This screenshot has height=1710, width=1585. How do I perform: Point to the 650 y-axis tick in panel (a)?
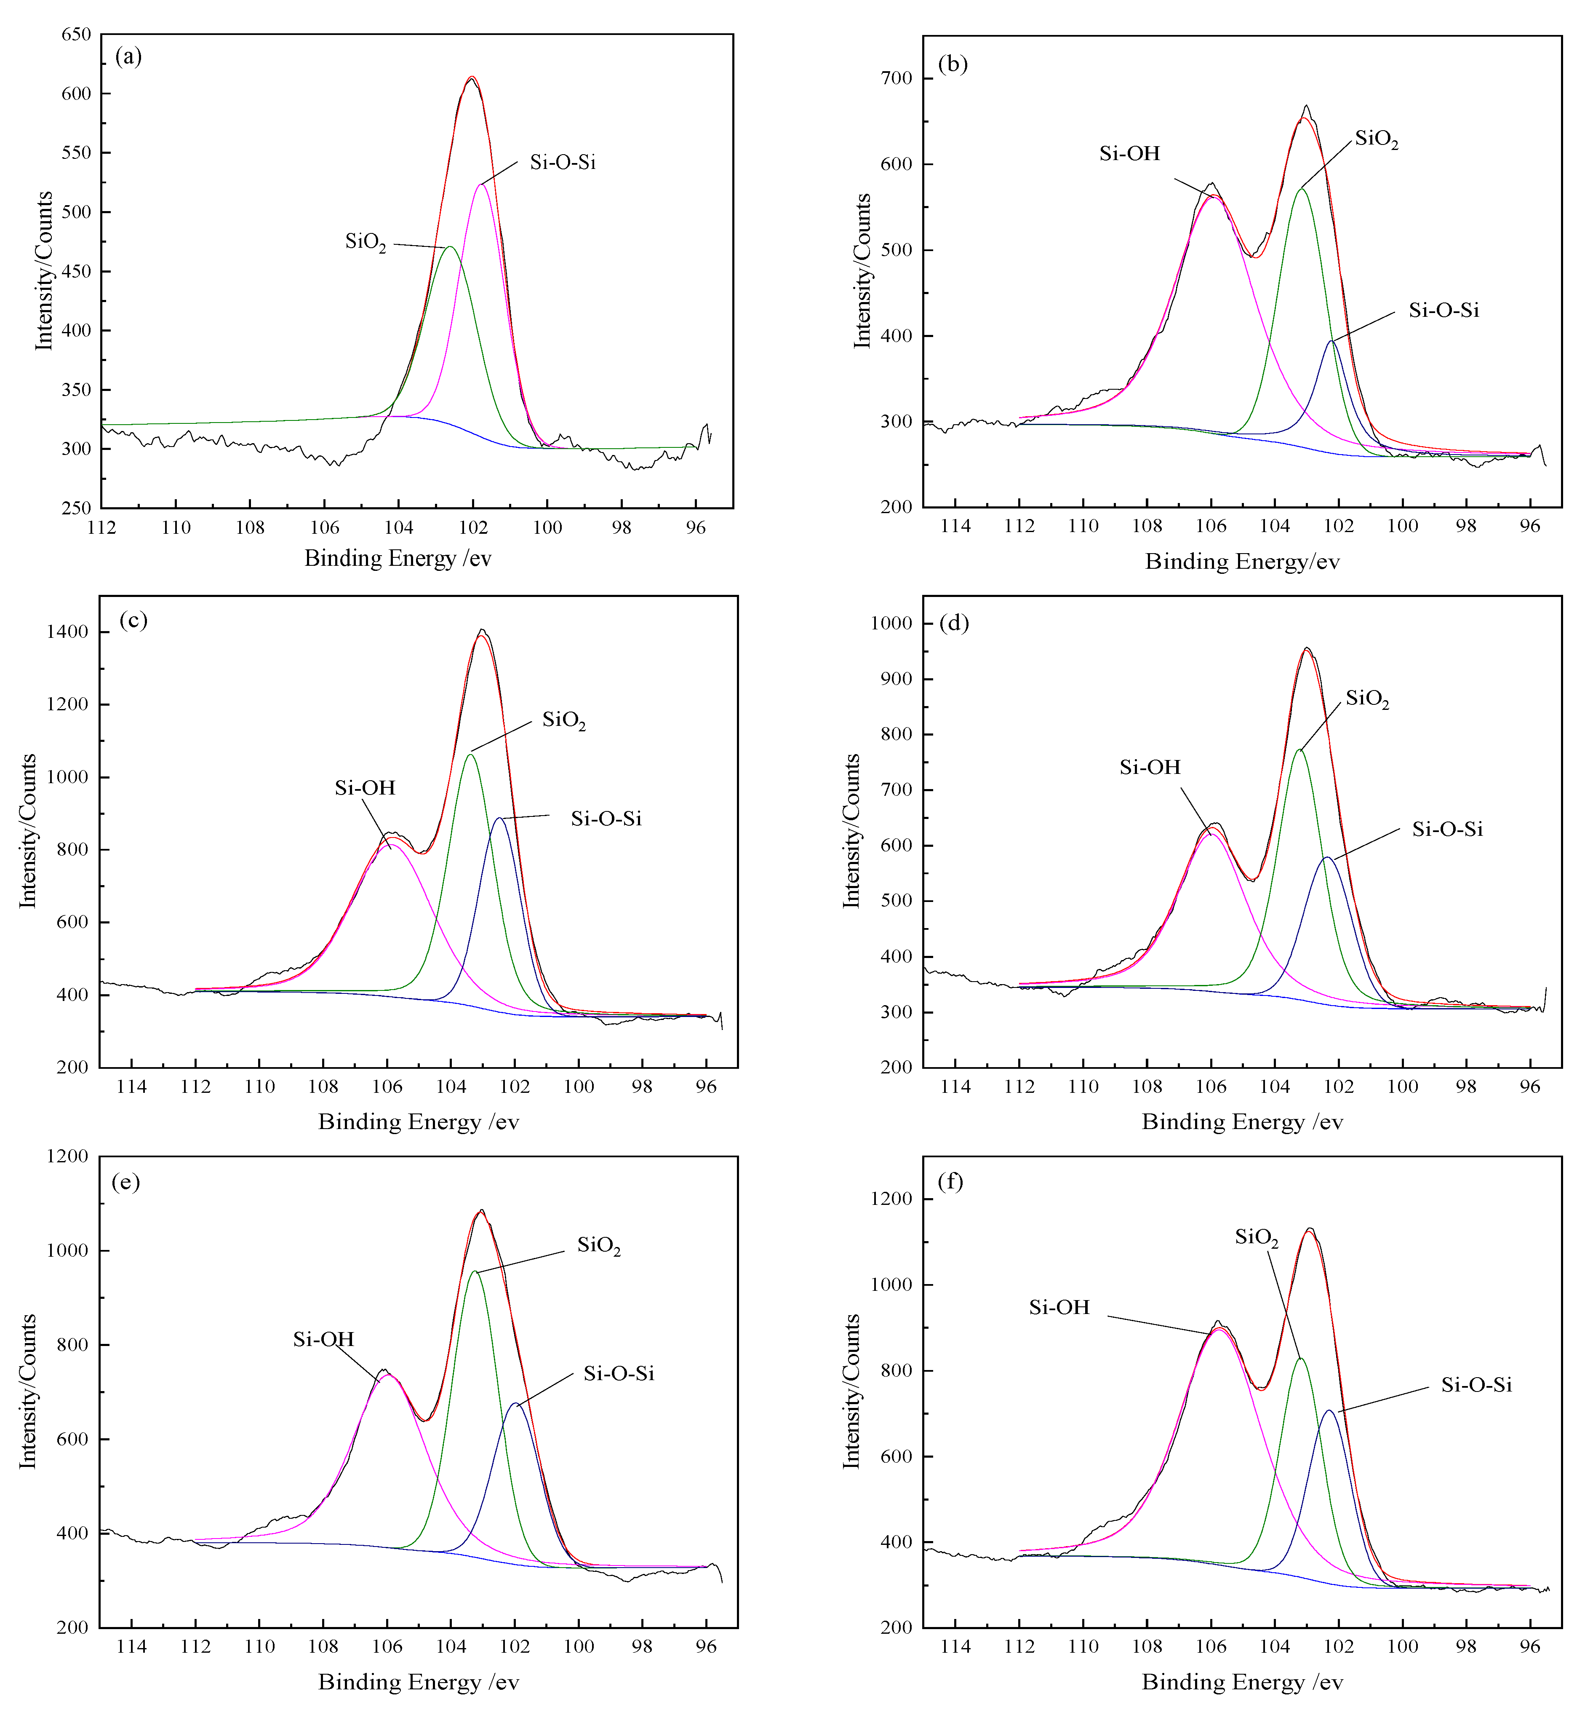tap(76, 34)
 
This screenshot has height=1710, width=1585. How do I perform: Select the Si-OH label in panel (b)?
tap(1129, 154)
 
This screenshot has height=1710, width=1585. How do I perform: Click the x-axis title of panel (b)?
tap(1241, 562)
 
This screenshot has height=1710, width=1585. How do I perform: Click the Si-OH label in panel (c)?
tap(365, 788)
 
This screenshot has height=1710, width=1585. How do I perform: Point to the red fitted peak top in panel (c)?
tap(483, 636)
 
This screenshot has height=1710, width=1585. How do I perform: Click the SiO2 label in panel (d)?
tap(1366, 699)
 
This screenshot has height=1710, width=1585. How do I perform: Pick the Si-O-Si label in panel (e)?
tap(619, 1374)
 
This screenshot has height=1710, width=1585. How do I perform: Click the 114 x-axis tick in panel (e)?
tap(131, 1646)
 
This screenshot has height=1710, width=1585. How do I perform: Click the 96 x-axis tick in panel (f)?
tap(1529, 1646)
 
